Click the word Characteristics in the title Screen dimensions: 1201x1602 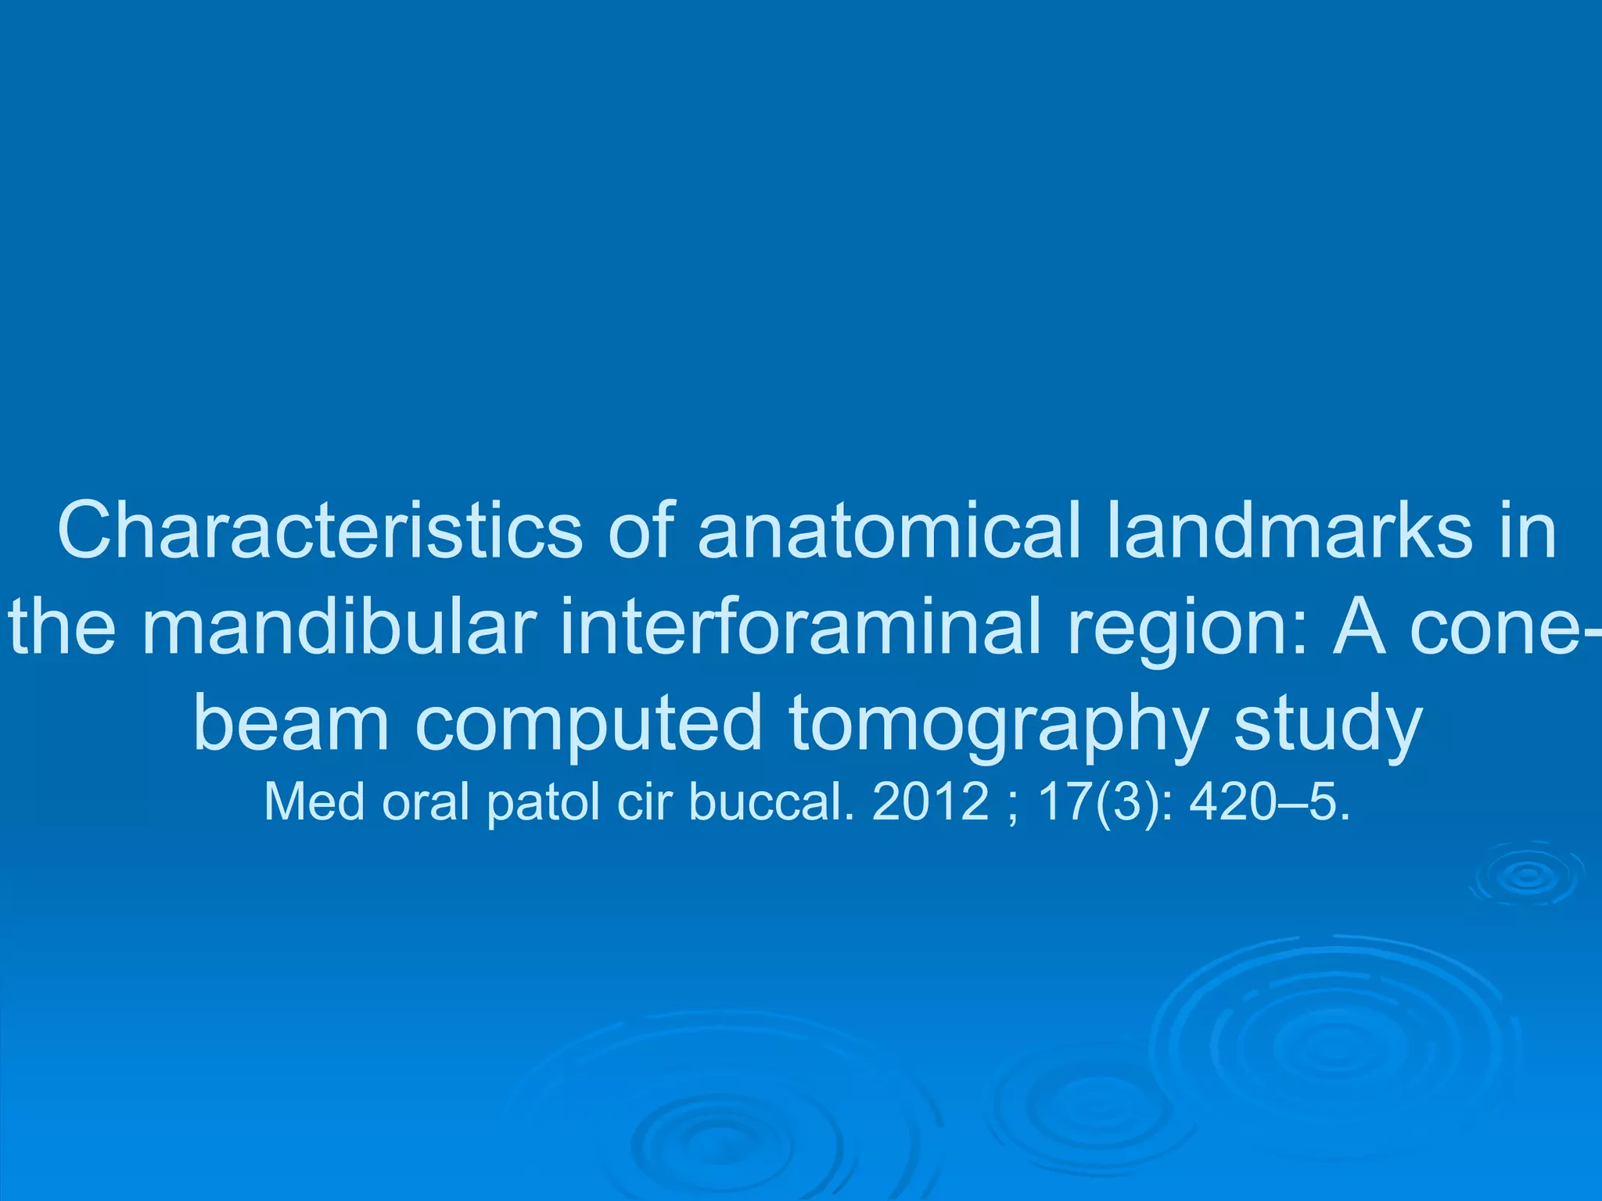pos(319,531)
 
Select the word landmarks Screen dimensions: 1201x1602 pos(1289,531)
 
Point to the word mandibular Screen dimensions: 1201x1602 pos(339,626)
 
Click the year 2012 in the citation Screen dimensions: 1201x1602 pos(930,802)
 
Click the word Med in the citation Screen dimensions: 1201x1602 pos(314,802)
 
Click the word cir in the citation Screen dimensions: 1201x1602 pos(644,802)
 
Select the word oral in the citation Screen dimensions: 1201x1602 pos(426,802)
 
